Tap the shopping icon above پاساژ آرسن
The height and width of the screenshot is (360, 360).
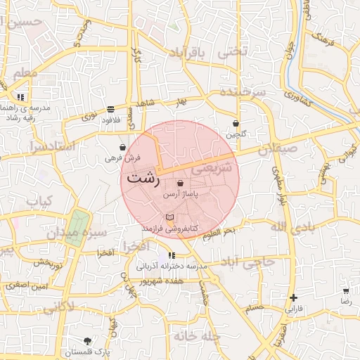[x=181, y=183]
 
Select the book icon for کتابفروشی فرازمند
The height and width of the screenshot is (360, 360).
[x=169, y=218]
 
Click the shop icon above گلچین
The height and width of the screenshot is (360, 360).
[x=236, y=123]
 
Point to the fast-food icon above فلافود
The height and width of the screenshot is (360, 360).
[x=111, y=109]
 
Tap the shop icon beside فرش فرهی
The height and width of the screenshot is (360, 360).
[x=123, y=148]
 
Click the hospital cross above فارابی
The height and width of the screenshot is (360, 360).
[x=293, y=297]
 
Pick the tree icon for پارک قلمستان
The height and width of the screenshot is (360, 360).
[x=87, y=340]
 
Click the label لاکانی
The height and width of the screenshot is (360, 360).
[x=58, y=307]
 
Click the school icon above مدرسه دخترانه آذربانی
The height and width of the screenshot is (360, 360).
[x=172, y=256]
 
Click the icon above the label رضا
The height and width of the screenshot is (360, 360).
[x=345, y=290]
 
